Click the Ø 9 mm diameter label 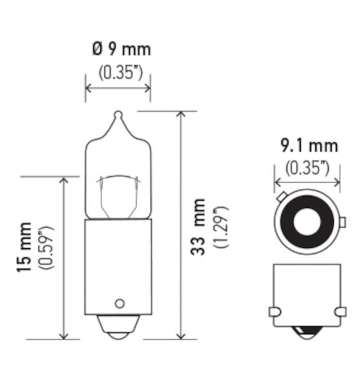[118, 49]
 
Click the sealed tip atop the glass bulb [118, 114]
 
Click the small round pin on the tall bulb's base [119, 302]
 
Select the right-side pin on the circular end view [343, 223]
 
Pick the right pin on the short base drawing [342, 312]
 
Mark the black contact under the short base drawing [307, 332]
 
